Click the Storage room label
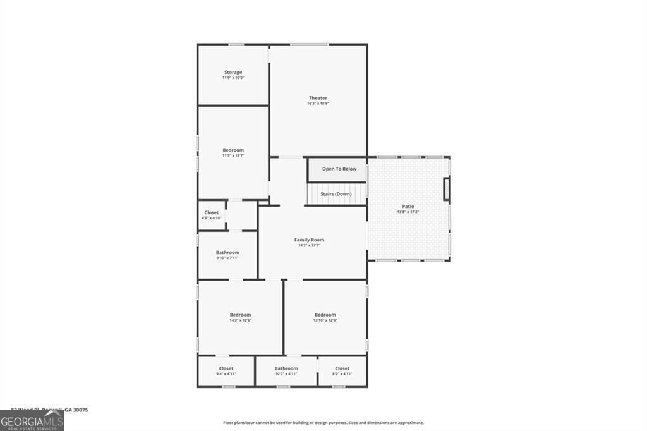point(233,72)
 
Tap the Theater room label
point(318,98)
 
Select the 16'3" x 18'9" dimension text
point(318,104)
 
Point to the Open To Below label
point(339,169)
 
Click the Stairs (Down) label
point(336,194)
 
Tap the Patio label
point(409,206)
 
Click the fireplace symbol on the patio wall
point(447,190)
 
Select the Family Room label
point(309,240)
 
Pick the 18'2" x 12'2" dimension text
point(309,245)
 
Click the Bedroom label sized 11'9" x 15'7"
point(233,150)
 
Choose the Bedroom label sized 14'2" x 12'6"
point(240,315)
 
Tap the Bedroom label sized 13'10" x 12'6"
point(325,315)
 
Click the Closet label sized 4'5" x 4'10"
point(212,212)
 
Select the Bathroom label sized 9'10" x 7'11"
point(227,252)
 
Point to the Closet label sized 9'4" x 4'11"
point(226,368)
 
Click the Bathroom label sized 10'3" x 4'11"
point(286,368)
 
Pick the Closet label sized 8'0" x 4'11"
point(342,368)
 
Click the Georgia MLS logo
point(32,420)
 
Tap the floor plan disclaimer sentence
point(323,423)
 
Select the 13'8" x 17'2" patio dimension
point(409,212)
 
